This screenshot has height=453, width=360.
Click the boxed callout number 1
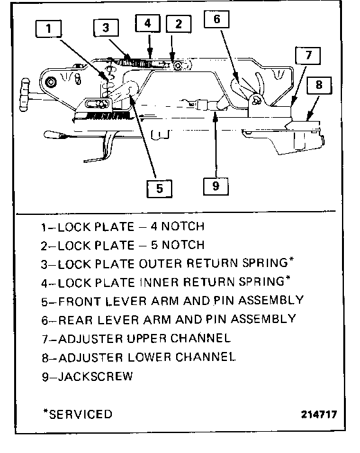pos(48,28)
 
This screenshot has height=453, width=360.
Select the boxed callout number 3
pos(106,28)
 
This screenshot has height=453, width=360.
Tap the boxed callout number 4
pos(147,23)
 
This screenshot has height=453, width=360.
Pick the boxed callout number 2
pos(179,24)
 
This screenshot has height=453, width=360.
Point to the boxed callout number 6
pos(217,19)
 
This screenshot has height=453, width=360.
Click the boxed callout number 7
pos(308,55)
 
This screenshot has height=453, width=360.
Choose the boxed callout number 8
pos(319,85)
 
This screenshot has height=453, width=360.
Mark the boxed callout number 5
pos(159,189)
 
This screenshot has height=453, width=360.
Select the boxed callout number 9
pos(215,187)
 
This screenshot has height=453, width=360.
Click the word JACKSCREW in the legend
pos(96,376)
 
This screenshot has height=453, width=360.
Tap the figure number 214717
pos(319,414)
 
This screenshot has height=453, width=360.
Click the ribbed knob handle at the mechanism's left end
pos(24,95)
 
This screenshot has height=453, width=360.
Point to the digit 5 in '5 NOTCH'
pos(154,245)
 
